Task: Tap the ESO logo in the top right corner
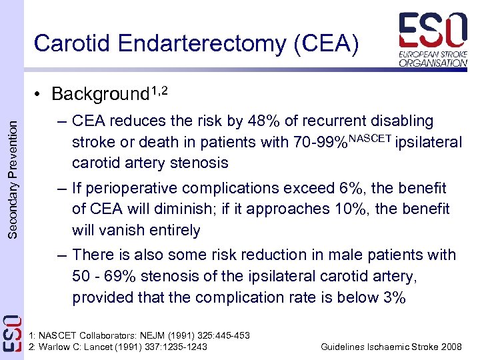click(433, 39)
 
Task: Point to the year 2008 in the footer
click(449, 347)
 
